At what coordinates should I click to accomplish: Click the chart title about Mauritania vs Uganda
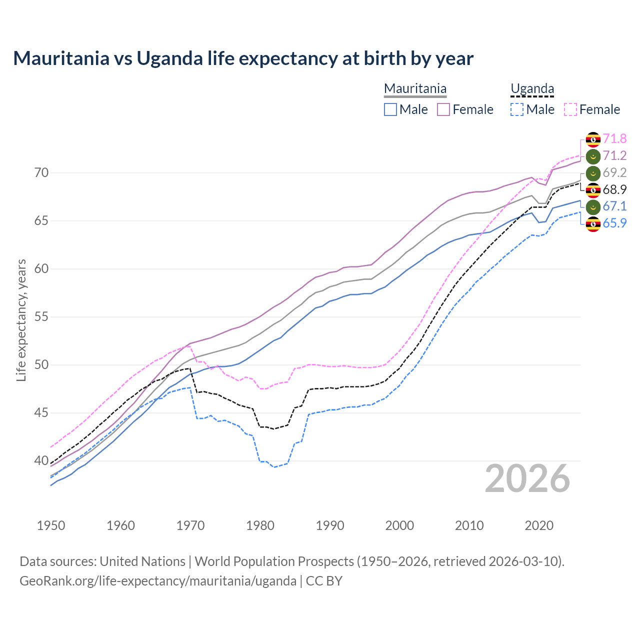pyautogui.click(x=243, y=58)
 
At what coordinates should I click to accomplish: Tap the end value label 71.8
pyautogui.click(x=614, y=138)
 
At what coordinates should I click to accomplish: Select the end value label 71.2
pyautogui.click(x=614, y=155)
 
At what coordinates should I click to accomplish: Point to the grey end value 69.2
pyautogui.click(x=614, y=172)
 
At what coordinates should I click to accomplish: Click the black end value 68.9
pyautogui.click(x=614, y=189)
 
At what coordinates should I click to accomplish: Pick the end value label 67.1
pyautogui.click(x=614, y=206)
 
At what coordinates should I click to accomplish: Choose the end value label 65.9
pyautogui.click(x=614, y=223)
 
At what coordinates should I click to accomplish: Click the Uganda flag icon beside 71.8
pyautogui.click(x=593, y=139)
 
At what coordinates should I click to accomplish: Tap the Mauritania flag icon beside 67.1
pyautogui.click(x=593, y=206)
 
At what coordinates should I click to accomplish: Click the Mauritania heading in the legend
pyautogui.click(x=415, y=88)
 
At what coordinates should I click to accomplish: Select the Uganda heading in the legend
pyautogui.click(x=532, y=88)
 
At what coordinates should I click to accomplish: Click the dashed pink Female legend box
pyautogui.click(x=570, y=109)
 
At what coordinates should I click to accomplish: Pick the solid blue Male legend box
pyautogui.click(x=390, y=109)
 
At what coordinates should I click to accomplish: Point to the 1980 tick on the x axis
pyautogui.click(x=260, y=525)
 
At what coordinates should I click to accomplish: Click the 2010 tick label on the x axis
pyautogui.click(x=469, y=525)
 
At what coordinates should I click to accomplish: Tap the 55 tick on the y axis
pyautogui.click(x=41, y=317)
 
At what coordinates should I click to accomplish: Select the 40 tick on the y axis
pyautogui.click(x=41, y=460)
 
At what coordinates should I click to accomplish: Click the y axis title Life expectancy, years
pyautogui.click(x=21, y=320)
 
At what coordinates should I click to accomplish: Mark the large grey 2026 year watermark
pyautogui.click(x=527, y=478)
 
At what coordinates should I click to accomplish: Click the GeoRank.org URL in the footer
pyautogui.click(x=158, y=581)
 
